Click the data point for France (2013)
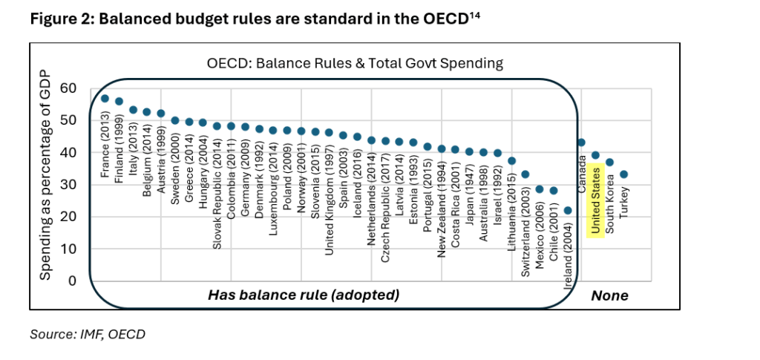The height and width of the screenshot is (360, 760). (105, 99)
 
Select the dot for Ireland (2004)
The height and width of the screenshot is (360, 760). (568, 210)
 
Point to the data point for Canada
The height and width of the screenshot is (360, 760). (581, 143)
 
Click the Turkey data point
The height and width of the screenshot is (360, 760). (624, 174)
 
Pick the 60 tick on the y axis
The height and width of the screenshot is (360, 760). (69, 88)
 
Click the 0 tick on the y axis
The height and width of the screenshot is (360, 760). (72, 281)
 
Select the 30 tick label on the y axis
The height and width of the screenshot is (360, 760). (69, 185)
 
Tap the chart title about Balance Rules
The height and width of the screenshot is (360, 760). (355, 63)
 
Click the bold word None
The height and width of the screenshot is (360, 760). (609, 295)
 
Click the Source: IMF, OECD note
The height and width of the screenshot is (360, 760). (88, 335)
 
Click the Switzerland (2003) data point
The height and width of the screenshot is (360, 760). (525, 174)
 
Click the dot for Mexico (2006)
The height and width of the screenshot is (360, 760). (540, 189)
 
